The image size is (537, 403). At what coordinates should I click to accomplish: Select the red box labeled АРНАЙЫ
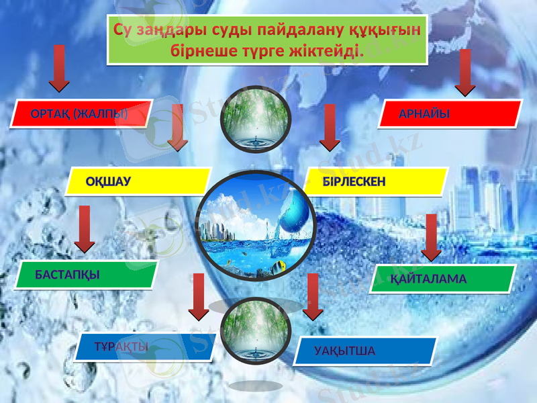[x=450, y=114]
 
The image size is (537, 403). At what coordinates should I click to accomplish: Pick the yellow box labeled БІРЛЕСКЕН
[x=376, y=181]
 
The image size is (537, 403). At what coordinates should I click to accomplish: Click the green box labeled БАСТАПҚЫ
[x=87, y=275]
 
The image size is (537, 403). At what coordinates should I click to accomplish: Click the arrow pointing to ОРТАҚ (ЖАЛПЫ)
[x=59, y=68]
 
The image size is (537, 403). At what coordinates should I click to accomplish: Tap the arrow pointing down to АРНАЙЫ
[x=465, y=72]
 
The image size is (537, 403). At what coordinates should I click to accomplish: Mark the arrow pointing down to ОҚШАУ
[x=178, y=127]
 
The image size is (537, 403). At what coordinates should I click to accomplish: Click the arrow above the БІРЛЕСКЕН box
[x=330, y=127]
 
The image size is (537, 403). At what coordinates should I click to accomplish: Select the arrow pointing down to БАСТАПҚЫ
[x=85, y=229]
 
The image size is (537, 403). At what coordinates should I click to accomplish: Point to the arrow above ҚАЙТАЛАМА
[x=431, y=237]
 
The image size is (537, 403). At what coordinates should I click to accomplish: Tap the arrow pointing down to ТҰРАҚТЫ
[x=199, y=296]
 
